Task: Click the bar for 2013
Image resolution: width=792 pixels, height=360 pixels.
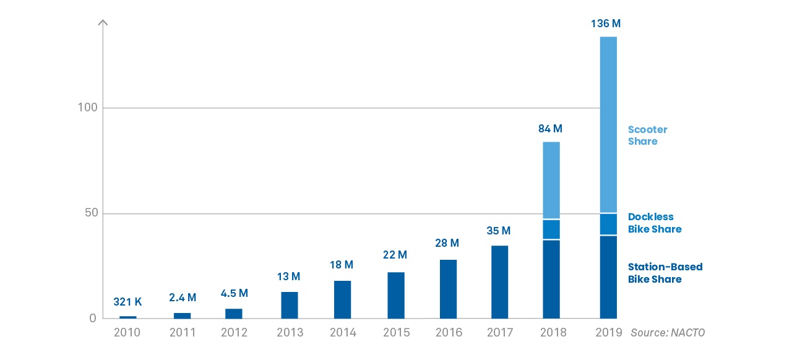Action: [290, 305]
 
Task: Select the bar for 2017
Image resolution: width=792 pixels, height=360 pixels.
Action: [499, 282]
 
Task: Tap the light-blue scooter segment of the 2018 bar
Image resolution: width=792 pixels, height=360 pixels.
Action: [551, 181]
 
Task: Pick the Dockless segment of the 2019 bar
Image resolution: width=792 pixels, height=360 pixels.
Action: [608, 225]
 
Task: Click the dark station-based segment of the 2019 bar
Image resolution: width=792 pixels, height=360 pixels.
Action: [608, 277]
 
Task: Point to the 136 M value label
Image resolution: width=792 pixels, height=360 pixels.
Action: [606, 24]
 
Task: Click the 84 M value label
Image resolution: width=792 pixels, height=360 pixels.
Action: [550, 129]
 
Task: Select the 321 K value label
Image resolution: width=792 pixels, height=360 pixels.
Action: [127, 302]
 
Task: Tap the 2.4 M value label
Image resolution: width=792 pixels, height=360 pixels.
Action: [183, 298]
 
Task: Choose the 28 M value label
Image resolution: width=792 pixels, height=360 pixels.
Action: [447, 243]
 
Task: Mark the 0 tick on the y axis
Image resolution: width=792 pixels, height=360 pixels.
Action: [93, 319]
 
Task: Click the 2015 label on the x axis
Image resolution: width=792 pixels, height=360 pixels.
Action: [396, 333]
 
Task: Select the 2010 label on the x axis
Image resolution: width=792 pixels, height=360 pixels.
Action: [127, 333]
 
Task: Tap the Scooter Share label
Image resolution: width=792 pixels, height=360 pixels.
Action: [647, 135]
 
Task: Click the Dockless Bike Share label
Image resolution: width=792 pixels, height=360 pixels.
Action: [655, 223]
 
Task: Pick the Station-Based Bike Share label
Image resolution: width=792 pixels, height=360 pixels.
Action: [665, 273]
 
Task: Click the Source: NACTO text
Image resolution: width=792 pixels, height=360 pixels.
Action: [668, 333]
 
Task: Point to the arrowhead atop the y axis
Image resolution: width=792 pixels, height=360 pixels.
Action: [103, 23]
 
